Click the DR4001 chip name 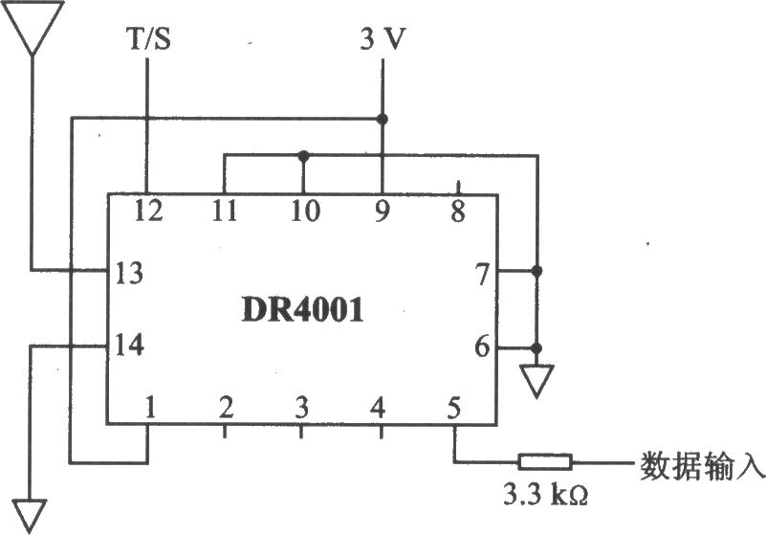pos(303,310)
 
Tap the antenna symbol pos(33,28)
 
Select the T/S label pos(149,38)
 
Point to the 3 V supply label pos(383,38)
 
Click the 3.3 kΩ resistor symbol pos(545,461)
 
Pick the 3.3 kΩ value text pos(545,496)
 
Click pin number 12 pos(148,212)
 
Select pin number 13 pos(129,273)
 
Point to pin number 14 pos(129,345)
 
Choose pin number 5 pos(454,408)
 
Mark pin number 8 pos(458,212)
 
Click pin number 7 pos(482,274)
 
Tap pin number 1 pos(150,408)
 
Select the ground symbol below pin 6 pos(536,381)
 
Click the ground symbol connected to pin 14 pos(30,516)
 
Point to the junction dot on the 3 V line pos(383,119)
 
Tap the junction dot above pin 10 pos(303,156)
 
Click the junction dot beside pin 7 pos(536,271)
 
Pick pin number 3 pos(301,408)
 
